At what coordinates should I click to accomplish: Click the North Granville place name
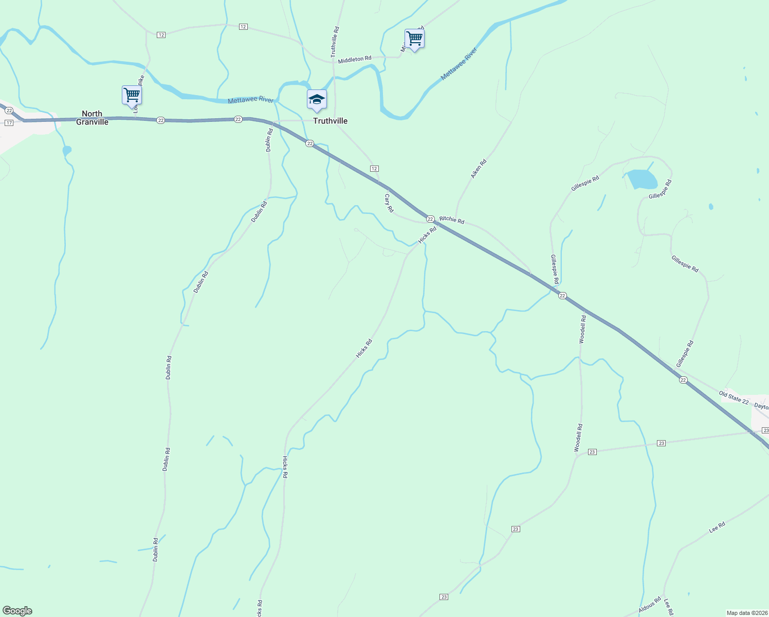tap(92, 118)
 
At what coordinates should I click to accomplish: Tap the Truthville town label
tap(331, 121)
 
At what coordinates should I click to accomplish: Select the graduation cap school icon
tap(317, 99)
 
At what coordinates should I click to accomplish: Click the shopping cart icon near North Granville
tap(132, 95)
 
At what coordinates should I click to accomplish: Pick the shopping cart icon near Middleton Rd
tap(414, 39)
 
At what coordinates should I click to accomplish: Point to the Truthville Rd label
tap(335, 42)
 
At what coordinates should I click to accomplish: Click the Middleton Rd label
tap(354, 60)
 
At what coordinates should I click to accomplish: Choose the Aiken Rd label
tap(478, 169)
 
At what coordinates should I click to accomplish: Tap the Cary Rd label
tap(389, 203)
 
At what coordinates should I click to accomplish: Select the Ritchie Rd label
tap(452, 220)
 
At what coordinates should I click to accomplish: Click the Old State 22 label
tap(734, 397)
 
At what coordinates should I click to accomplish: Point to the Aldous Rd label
tap(650, 605)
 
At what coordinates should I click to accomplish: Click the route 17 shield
tap(9, 123)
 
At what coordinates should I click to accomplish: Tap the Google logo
tap(17, 611)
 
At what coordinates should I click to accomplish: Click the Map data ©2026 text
tap(746, 613)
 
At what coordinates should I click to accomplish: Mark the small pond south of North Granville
tap(67, 151)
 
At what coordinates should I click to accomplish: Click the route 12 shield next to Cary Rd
tap(374, 169)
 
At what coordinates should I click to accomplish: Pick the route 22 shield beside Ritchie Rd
tap(430, 219)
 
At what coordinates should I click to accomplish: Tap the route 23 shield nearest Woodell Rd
tap(592, 451)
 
